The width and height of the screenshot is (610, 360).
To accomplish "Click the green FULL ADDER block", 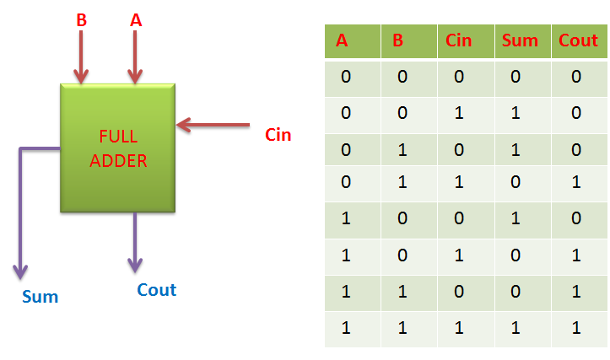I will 118,148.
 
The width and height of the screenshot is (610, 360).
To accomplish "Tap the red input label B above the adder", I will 81,20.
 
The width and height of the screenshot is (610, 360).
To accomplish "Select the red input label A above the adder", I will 135,20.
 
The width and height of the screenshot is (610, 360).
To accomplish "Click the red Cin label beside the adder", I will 278,134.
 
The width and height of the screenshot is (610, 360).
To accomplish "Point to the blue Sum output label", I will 40,296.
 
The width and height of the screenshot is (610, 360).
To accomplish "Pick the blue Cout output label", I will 156,290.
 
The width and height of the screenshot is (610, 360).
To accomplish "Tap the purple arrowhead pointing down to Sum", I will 19,271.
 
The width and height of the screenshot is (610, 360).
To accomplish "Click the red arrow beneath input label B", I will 81,59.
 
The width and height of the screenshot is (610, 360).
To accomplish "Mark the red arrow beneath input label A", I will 133,59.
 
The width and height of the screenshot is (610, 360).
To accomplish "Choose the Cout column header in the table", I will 578,40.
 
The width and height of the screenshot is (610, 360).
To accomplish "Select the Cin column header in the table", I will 459,40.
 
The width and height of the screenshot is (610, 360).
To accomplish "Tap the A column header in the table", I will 343,40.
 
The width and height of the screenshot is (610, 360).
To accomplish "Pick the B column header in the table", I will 399,40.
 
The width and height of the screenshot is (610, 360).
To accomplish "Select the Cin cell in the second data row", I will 460,113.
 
